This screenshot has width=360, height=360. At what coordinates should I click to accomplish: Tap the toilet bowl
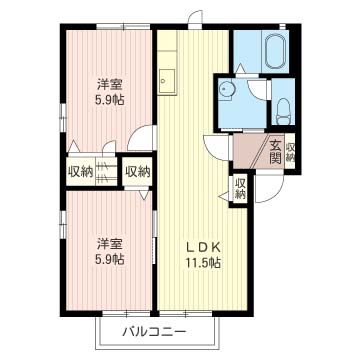pos(283,107)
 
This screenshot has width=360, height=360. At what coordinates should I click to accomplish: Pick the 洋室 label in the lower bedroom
pos(111,243)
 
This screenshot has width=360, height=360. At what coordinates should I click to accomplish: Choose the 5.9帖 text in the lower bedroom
pos(111,259)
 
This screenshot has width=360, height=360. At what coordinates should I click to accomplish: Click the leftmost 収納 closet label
pos(81,171)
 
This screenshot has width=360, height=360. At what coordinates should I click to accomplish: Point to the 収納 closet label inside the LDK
pos(241,187)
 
